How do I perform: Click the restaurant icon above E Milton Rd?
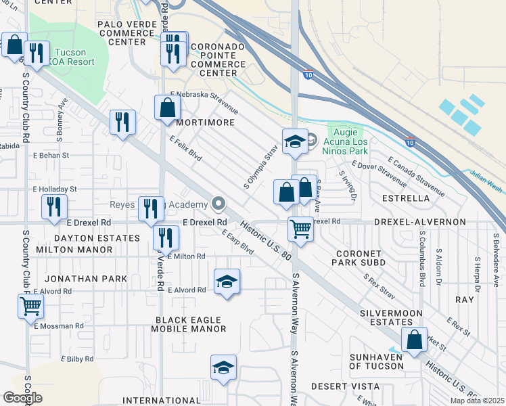pyautogui.click(x=165, y=238)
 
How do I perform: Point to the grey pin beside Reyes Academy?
pyautogui.click(x=218, y=204)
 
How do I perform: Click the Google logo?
pyautogui.click(x=22, y=398)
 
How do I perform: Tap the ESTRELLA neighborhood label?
pyautogui.click(x=406, y=198)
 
